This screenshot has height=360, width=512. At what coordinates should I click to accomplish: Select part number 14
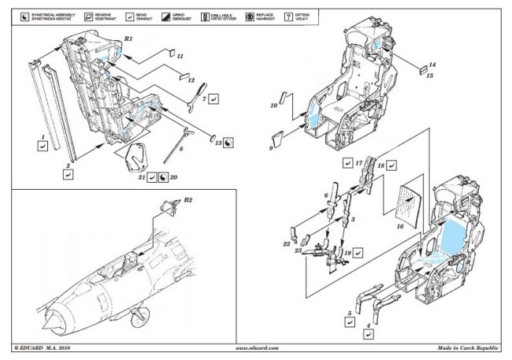[432, 65]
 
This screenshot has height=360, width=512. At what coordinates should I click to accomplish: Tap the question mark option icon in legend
[289, 15]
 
